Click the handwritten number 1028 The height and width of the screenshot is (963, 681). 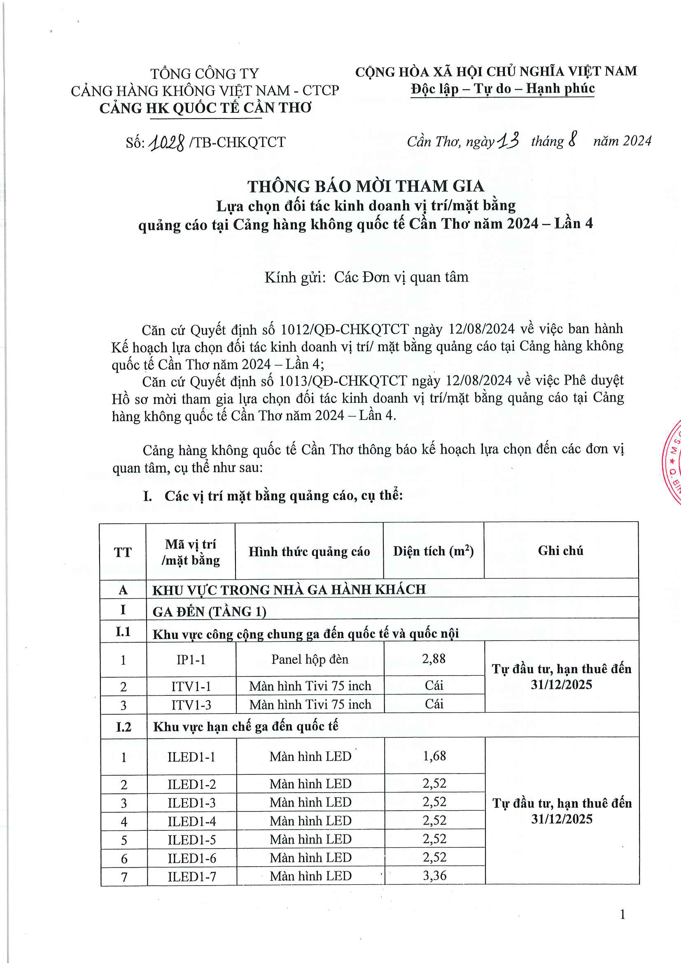click(167, 143)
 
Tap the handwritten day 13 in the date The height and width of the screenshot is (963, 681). click(508, 141)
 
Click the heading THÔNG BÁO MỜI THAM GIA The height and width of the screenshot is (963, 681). click(365, 186)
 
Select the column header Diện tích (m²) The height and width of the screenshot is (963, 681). click(433, 551)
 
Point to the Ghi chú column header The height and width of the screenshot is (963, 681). click(561, 551)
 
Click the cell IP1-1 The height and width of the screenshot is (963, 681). click(191, 660)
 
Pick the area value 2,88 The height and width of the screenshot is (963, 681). click(434, 659)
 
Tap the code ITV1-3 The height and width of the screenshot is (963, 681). click(191, 704)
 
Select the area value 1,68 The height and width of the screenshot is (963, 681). click(434, 756)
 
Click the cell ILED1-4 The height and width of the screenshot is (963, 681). click(191, 821)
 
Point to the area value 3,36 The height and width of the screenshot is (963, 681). click(434, 876)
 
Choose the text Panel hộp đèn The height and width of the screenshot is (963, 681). click(310, 659)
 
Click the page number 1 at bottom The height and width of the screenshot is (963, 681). click(622, 915)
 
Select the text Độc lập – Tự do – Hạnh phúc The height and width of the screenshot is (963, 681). click(502, 89)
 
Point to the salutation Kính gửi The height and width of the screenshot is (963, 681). click(295, 277)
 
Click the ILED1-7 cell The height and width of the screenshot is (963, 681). click(191, 877)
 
